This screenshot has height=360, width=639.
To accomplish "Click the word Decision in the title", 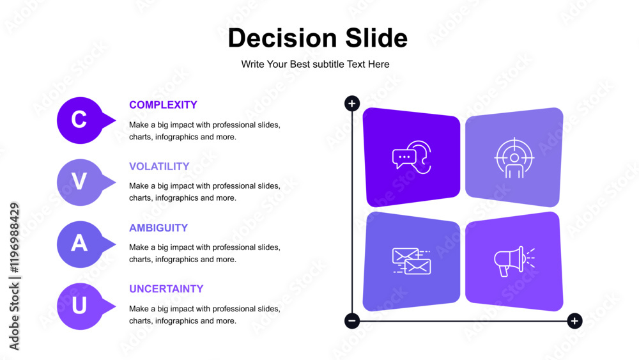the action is click(x=282, y=38).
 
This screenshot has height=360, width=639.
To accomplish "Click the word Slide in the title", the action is click(x=376, y=38).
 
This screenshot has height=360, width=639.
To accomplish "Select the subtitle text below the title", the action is click(x=315, y=65).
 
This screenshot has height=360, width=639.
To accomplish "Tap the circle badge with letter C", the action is click(x=81, y=120).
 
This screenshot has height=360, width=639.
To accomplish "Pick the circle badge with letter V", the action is click(x=81, y=182).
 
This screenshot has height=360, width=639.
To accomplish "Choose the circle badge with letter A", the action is click(x=81, y=244).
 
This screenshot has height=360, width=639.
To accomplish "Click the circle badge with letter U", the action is click(x=81, y=306).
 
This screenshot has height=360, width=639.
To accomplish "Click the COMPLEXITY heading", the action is click(x=163, y=105).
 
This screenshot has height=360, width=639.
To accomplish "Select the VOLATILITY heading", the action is click(x=159, y=166).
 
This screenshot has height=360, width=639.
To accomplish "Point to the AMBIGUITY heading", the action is click(x=158, y=228).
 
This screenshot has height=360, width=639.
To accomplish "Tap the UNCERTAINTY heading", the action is click(x=166, y=289).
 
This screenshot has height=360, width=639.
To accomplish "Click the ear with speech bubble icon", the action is click(x=412, y=157).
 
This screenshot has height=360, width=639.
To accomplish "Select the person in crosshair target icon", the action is click(x=514, y=158).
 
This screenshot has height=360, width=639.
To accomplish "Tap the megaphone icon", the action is click(x=514, y=262).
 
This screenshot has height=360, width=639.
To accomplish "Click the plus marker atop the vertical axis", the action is click(x=352, y=104).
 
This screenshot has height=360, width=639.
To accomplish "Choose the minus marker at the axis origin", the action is click(x=352, y=321).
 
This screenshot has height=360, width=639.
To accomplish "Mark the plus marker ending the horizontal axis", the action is click(x=574, y=321).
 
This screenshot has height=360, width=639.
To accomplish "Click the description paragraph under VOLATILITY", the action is click(x=204, y=192).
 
